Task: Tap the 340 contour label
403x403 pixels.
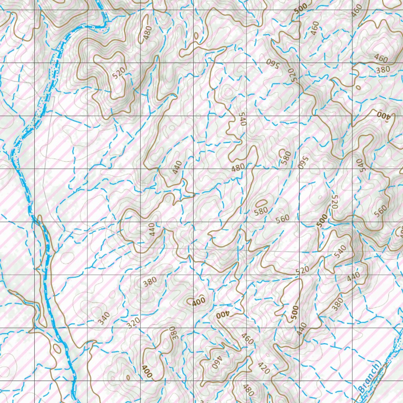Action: [104, 318]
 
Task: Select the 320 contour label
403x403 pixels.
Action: [133, 323]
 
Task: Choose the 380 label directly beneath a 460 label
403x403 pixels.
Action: [383, 69]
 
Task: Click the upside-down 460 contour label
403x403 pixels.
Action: [218, 364]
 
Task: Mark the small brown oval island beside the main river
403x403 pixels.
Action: [57, 348]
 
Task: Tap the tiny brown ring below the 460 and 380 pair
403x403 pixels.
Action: [358, 87]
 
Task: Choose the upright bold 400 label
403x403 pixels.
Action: [199, 302]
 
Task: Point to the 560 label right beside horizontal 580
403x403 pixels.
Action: [283, 218]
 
